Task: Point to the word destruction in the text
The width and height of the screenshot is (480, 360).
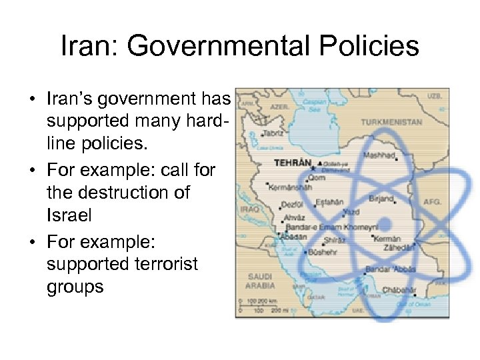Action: tap(119, 193)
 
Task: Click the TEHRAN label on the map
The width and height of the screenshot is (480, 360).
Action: tap(293, 162)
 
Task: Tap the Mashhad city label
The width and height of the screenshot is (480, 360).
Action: tap(379, 155)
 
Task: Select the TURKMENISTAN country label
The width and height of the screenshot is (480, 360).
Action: tap(391, 123)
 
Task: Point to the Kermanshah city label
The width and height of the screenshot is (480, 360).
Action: tap(289, 187)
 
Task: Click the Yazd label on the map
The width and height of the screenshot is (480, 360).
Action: tap(351, 211)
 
